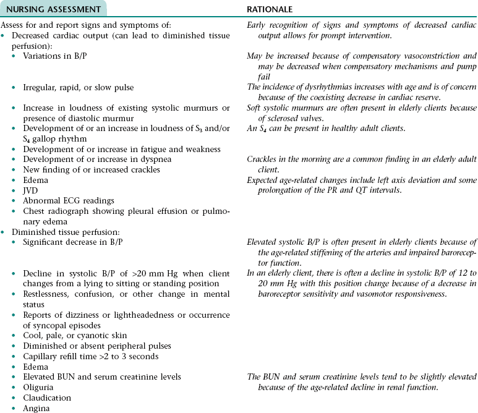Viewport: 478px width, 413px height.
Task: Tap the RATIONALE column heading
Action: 270,10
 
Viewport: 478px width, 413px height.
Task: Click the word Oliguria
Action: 38,387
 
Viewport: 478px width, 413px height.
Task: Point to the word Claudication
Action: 47,398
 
